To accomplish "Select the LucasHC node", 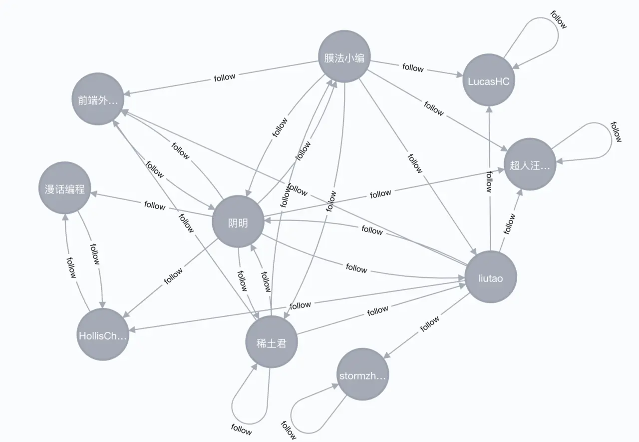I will point(488,81).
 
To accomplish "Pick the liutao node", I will point(490,277).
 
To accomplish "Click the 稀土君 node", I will point(271,342).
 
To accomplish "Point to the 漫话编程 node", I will point(64,188).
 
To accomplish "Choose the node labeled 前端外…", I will point(98,99).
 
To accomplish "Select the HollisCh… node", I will point(103,335).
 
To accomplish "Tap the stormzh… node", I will point(362,375).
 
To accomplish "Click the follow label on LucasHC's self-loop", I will point(559,19).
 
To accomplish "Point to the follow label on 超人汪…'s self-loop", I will point(616,131).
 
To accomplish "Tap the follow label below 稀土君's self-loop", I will point(242,429).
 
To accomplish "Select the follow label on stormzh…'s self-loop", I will point(289,430).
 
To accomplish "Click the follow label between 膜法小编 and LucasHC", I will point(413,67).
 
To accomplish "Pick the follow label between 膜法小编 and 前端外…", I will point(224,77).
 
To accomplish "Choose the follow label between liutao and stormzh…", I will point(429,323).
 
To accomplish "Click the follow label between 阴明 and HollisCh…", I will point(174,276).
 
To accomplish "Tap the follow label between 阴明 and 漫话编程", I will point(154,205).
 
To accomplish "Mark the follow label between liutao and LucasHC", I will point(489,181).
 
